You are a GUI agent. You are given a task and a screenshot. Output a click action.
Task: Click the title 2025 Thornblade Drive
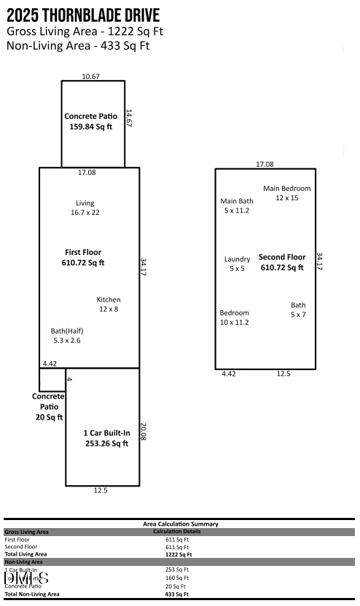(83, 16)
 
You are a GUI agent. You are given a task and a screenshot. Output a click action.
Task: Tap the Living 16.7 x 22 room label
(85, 208)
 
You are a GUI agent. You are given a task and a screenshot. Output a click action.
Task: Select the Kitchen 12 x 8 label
(109, 304)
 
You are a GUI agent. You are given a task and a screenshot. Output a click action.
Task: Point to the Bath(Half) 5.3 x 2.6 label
(67, 335)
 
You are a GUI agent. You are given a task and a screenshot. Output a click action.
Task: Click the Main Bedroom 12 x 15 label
(286, 193)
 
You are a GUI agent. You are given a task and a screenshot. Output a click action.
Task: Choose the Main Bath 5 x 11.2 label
(237, 205)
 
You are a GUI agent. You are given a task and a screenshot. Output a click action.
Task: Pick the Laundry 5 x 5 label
(238, 264)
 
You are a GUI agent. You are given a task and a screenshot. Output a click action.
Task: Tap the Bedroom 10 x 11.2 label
(235, 318)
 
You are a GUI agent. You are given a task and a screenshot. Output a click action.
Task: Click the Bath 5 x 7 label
(298, 310)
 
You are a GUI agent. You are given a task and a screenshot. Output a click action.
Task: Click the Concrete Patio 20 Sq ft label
(48, 406)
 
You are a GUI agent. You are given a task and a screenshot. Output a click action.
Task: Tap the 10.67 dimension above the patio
(91, 76)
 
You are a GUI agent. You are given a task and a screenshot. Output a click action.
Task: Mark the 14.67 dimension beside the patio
(129, 119)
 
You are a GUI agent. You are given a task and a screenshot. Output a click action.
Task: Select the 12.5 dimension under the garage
(101, 491)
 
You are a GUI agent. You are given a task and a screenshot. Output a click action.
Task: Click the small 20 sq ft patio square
(52, 379)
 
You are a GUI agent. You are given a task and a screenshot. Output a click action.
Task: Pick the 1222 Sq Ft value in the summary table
(177, 554)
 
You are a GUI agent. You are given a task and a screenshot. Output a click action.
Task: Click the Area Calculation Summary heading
(180, 524)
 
